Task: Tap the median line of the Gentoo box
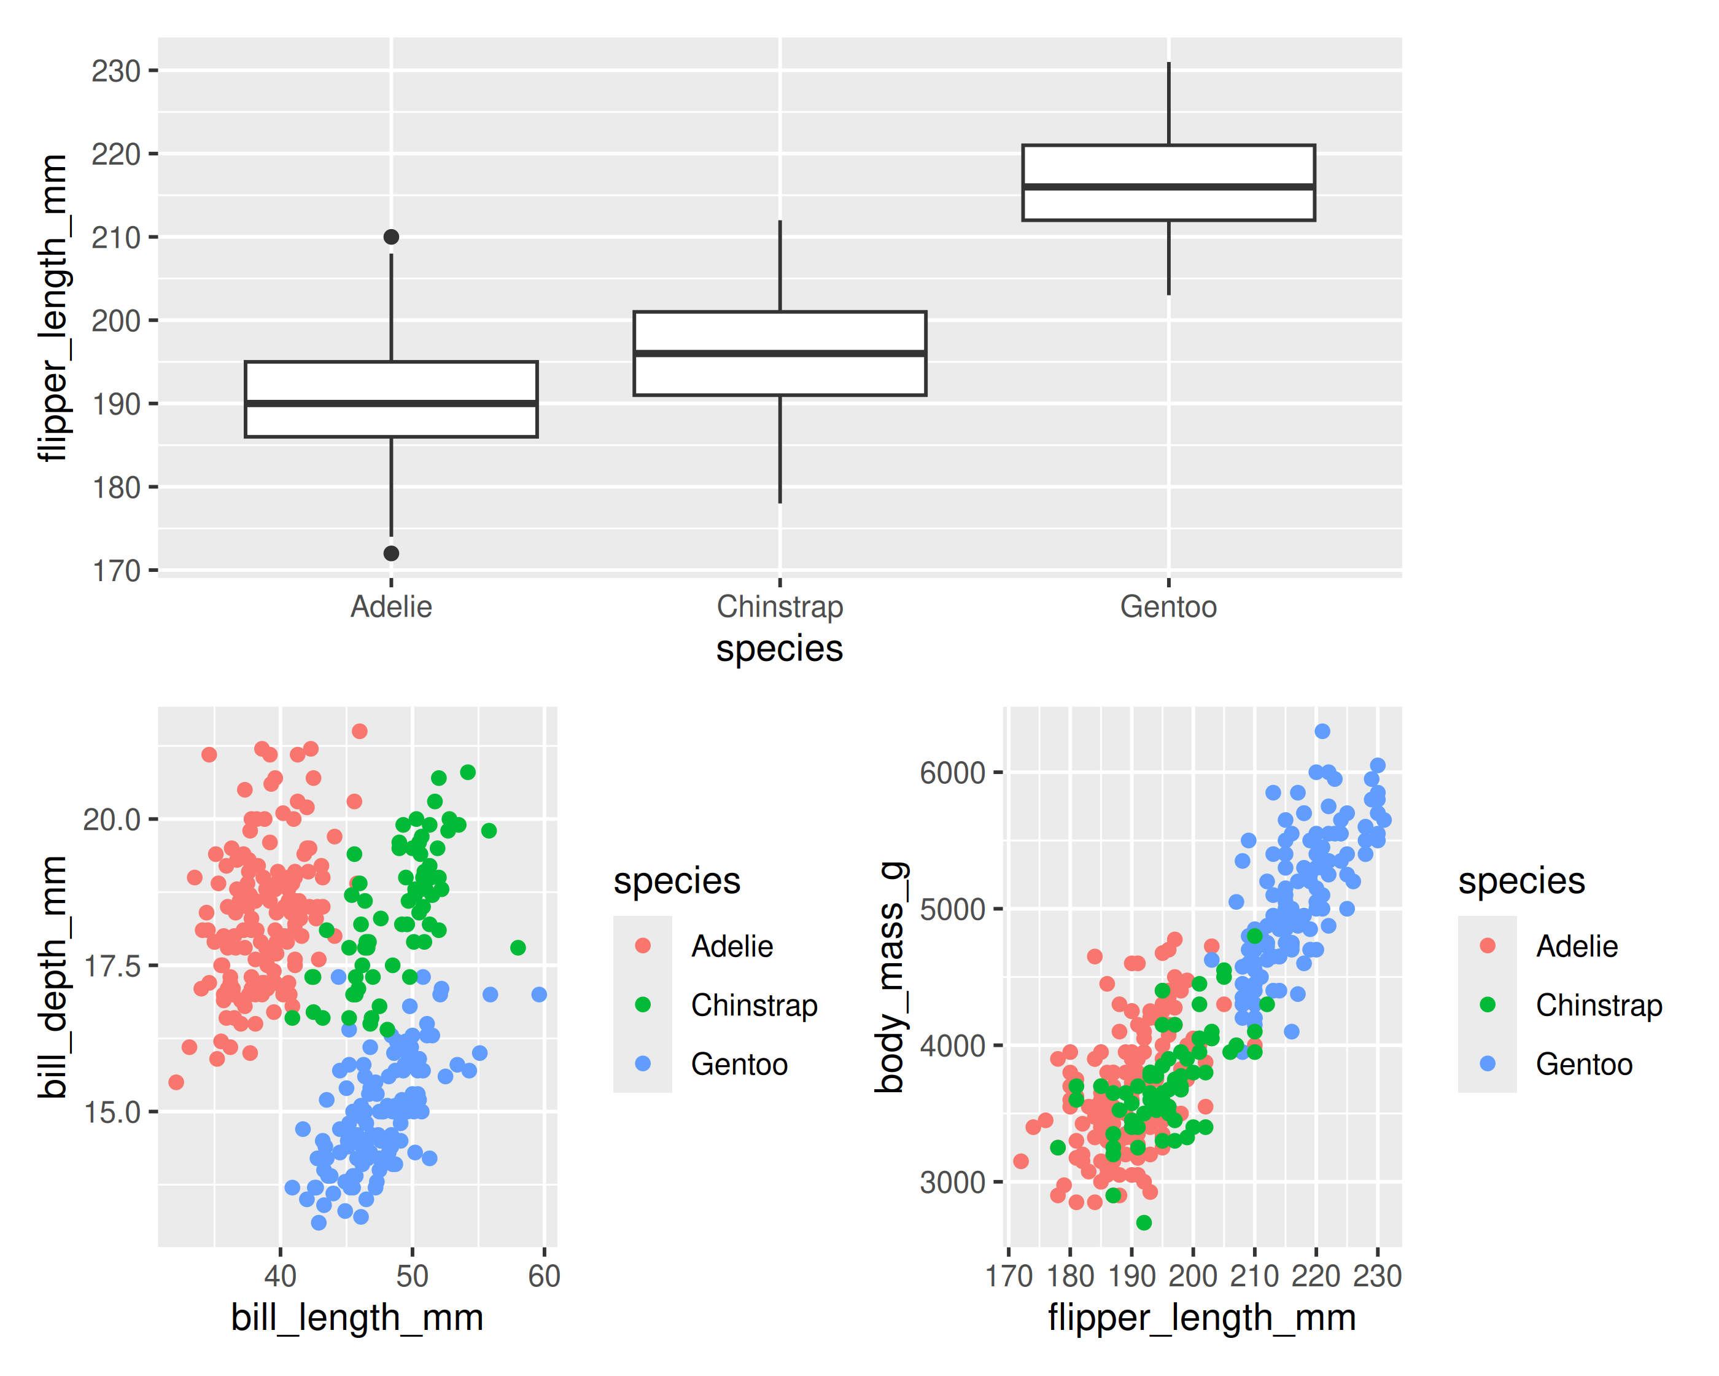click(1168, 187)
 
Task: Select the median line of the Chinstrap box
click(780, 353)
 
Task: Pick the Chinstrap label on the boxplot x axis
click(780, 607)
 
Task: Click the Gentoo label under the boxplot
click(1168, 607)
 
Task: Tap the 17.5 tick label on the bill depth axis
click(112, 966)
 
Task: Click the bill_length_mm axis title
click(357, 1318)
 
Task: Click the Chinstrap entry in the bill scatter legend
click(753, 1005)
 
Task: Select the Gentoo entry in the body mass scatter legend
click(1583, 1064)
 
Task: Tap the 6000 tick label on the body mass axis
click(952, 773)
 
